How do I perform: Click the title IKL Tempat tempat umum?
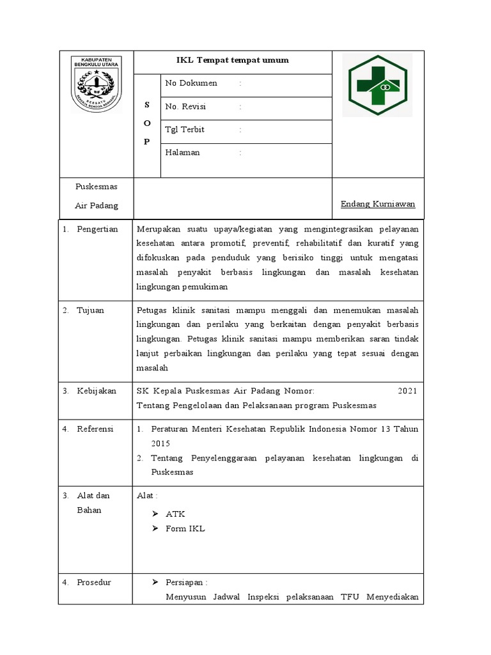pyautogui.click(x=233, y=60)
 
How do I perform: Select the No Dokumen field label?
pyautogui.click(x=191, y=83)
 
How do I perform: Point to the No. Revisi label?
pyautogui.click(x=185, y=106)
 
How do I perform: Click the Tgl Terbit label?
pyautogui.click(x=185, y=129)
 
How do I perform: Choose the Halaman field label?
pyautogui.click(x=182, y=152)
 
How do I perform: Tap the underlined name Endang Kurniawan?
pyautogui.click(x=378, y=204)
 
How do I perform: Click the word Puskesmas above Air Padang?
pyautogui.click(x=96, y=186)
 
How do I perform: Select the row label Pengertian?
pyautogui.click(x=97, y=229)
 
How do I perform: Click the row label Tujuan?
pyautogui.click(x=90, y=310)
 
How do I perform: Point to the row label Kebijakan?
pyautogui.click(x=97, y=391)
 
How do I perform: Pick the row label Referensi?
pyautogui.click(x=95, y=429)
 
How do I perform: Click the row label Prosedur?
pyautogui.click(x=94, y=582)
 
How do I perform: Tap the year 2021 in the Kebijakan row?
pyautogui.click(x=407, y=391)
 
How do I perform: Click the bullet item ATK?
pyautogui.click(x=175, y=514)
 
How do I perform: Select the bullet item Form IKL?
pyautogui.click(x=185, y=528)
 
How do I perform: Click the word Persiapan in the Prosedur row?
pyautogui.click(x=184, y=582)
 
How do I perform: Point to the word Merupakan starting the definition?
pyautogui.click(x=159, y=229)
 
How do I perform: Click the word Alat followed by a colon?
pyautogui.click(x=145, y=495)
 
